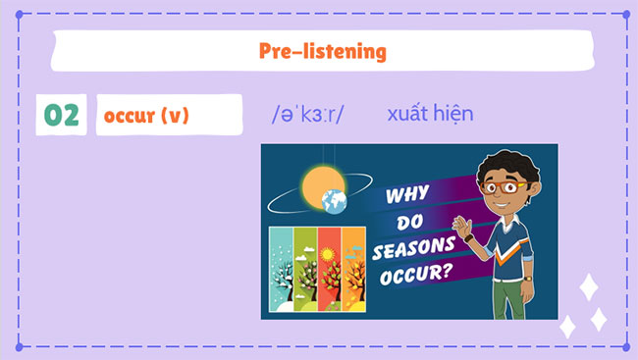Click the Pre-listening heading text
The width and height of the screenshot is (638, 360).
(322, 51)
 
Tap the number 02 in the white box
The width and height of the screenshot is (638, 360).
(61, 116)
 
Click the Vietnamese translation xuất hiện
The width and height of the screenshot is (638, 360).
(430, 114)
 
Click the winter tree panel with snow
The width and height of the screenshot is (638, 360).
(280, 265)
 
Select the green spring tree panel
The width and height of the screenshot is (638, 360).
(304, 265)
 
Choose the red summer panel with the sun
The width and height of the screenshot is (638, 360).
(329, 265)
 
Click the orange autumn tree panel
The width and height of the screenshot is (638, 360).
(352, 265)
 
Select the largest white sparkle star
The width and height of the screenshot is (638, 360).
(589, 287)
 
